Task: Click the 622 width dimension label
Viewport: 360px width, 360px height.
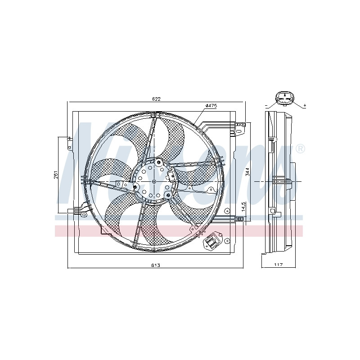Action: [x=156, y=99]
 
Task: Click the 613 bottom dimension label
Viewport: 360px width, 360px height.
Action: [x=155, y=265]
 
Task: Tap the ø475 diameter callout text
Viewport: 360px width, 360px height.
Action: [x=211, y=106]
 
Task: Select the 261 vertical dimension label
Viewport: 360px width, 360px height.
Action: [x=56, y=175]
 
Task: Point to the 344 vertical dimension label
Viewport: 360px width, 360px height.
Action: [x=247, y=172]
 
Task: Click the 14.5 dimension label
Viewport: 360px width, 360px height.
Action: [x=244, y=207]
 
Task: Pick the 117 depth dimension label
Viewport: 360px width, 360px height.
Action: [x=279, y=265]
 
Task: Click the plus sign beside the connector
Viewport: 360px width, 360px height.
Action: [x=305, y=106]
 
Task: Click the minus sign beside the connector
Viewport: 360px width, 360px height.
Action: [x=266, y=106]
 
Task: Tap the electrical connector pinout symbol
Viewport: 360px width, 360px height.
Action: [x=285, y=99]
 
